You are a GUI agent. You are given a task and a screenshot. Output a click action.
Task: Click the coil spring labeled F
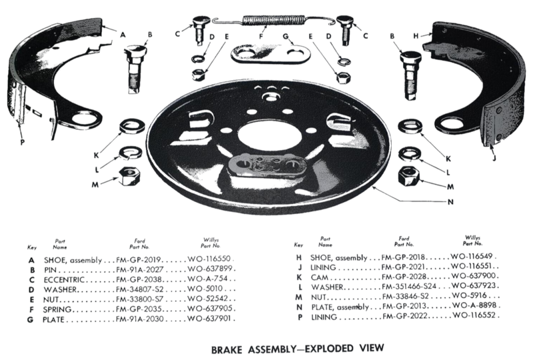[x=274, y=21]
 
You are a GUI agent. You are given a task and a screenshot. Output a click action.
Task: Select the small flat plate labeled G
[x=270, y=55]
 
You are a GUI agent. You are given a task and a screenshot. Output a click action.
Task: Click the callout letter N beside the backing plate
[x=450, y=202]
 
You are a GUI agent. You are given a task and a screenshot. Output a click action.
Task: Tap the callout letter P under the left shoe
[x=23, y=142]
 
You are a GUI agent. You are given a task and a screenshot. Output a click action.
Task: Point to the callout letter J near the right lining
[x=495, y=158]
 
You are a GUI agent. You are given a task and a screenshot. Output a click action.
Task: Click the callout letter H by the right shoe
[x=416, y=36]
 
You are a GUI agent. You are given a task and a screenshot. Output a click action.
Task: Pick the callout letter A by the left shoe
[x=123, y=35]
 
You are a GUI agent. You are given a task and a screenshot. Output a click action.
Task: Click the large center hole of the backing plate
[x=261, y=134]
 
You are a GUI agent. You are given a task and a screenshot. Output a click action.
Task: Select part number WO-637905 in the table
[x=210, y=309]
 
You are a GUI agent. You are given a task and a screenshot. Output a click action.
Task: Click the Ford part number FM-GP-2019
[x=139, y=260]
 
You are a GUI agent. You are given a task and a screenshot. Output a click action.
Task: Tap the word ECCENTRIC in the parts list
[x=64, y=280]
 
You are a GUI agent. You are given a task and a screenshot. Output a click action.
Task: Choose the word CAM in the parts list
[x=320, y=277]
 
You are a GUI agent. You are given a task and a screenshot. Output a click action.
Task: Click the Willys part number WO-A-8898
[x=474, y=305]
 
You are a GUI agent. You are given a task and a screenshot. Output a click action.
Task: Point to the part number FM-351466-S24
[x=409, y=287]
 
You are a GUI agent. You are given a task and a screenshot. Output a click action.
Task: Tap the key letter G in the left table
[x=31, y=320]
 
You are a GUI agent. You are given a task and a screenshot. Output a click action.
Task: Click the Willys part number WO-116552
[x=475, y=315]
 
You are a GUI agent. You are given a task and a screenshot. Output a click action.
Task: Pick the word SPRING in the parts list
[x=57, y=309]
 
